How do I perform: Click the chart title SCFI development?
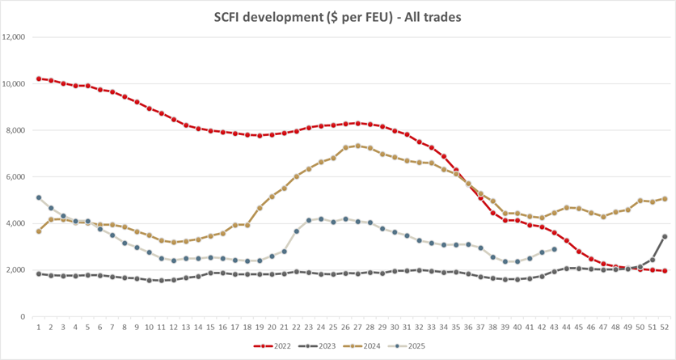[337, 16]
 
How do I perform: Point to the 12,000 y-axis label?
[15, 37]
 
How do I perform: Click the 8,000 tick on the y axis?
[17, 130]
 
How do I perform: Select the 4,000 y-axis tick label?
[17, 223]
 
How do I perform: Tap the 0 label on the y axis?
[24, 316]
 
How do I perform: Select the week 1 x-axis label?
[39, 327]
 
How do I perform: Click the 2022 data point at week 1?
[39, 78]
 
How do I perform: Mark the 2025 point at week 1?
[39, 197]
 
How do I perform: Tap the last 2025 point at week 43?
[554, 249]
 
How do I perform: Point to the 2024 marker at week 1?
[39, 231]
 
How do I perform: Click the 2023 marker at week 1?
[39, 273]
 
